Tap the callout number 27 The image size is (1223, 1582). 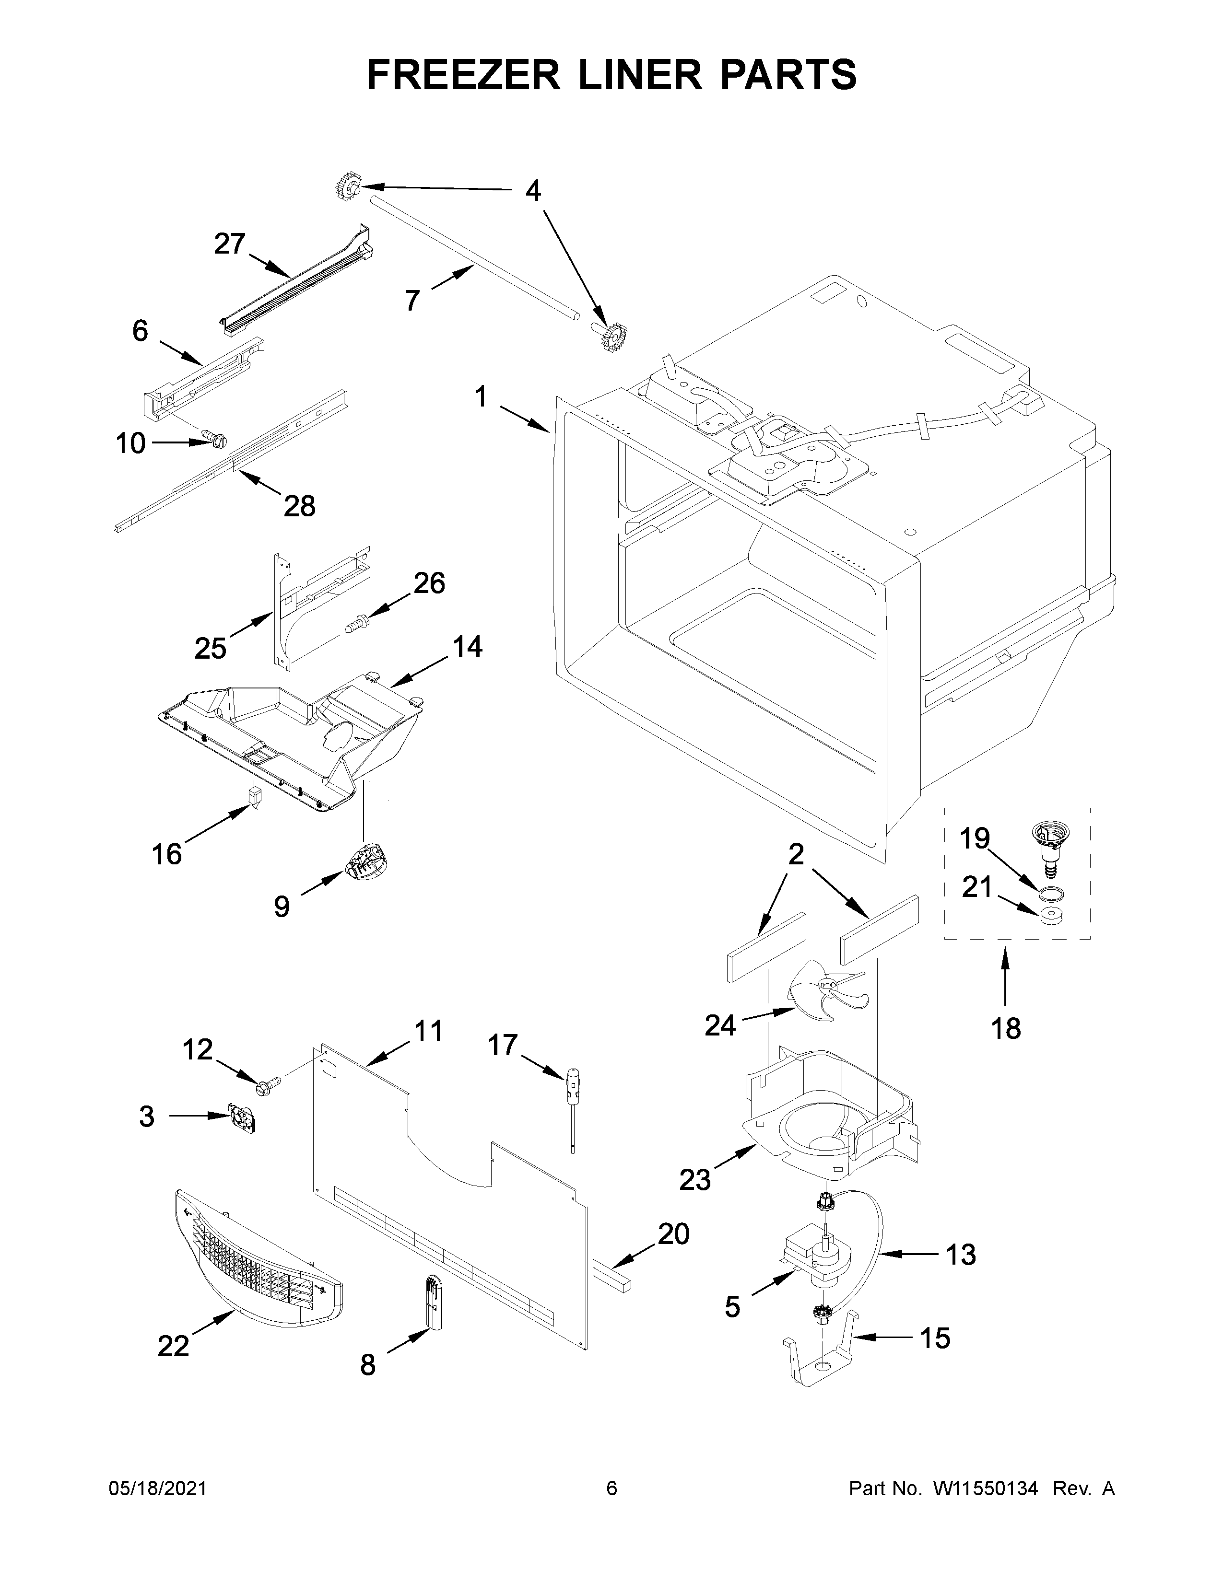click(x=230, y=244)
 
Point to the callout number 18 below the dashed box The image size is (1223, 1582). click(x=1006, y=1027)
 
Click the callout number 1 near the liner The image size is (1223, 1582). click(x=481, y=398)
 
